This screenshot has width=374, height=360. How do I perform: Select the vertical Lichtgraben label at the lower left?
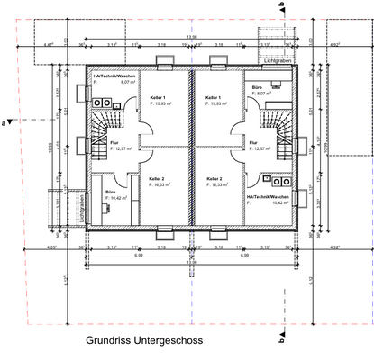pyautogui.click(x=80, y=208)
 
